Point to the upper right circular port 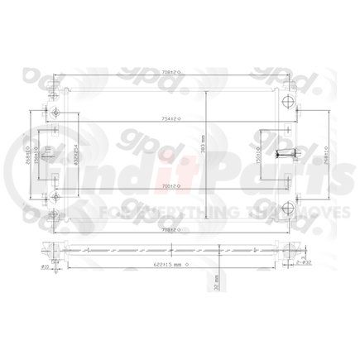coord(287,101)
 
